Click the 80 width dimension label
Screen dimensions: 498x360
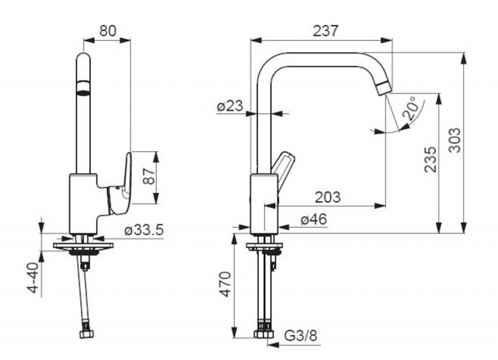[108, 31]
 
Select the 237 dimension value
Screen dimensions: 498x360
[326, 31]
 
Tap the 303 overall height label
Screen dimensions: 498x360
[455, 140]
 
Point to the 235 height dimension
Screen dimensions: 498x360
[430, 159]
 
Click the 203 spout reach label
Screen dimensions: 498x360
[327, 197]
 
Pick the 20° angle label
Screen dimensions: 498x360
[410, 108]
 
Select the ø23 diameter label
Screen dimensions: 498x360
[230, 106]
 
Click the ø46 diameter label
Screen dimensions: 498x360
[314, 219]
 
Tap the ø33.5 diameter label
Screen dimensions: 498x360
[144, 230]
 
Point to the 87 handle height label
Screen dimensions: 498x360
[149, 176]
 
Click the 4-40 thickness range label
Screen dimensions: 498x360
[33, 277]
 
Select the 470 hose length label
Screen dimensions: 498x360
[225, 284]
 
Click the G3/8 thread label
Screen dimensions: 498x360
[301, 336]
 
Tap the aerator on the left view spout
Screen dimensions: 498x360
[83, 88]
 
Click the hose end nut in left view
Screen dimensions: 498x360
[87, 334]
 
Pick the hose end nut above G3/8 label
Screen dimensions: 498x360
[263, 334]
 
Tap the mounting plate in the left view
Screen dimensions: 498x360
[83, 246]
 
